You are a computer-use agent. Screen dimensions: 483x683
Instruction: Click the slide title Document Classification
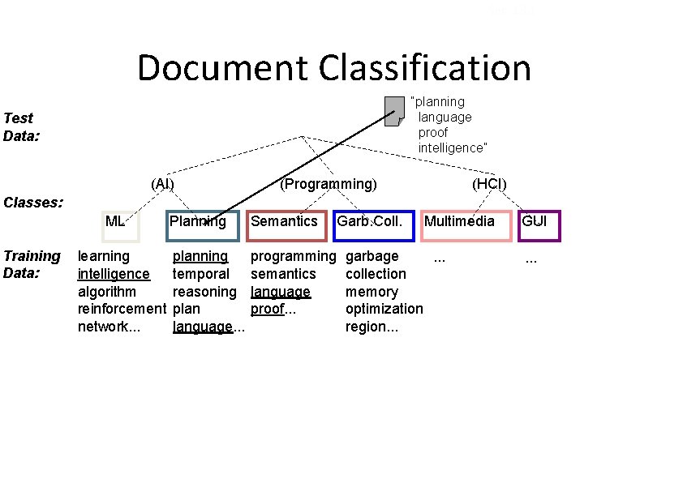coord(333,68)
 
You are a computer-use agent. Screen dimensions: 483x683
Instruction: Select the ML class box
coord(121,225)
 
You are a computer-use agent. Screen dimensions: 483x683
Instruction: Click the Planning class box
coord(203,225)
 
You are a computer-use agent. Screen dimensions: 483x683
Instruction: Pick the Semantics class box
coord(286,225)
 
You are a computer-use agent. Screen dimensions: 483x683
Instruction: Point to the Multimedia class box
coord(466,225)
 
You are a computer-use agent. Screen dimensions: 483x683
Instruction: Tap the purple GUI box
coord(539,225)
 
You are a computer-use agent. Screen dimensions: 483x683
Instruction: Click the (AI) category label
coord(162,184)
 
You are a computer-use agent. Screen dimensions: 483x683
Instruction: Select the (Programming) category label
coord(328,184)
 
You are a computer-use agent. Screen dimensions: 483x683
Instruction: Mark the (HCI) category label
coord(489,184)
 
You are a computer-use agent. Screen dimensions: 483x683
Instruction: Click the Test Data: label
coord(23,126)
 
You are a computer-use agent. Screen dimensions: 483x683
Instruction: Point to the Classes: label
coord(33,201)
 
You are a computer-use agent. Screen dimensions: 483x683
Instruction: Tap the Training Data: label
coord(32,264)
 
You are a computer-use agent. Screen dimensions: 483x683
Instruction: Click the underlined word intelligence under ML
coord(114,274)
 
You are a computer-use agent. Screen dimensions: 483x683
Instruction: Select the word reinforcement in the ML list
coord(121,309)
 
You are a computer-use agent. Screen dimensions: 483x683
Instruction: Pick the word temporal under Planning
coord(200,274)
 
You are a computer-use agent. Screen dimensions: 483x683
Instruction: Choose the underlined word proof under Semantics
coord(266,309)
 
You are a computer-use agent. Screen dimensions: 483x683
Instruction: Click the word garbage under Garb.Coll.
coord(372,257)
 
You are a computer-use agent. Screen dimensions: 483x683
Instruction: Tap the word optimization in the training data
coord(384,309)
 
